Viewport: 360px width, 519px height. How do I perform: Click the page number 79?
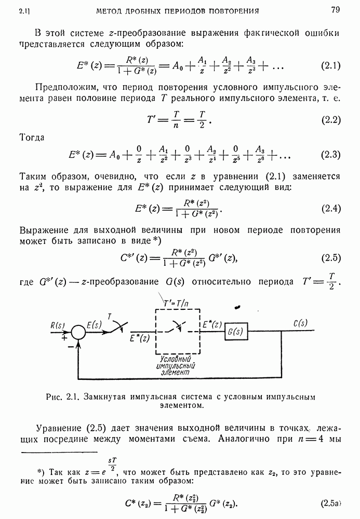(x=334, y=9)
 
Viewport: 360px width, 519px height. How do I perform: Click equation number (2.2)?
(x=330, y=120)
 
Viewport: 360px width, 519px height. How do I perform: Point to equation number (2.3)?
(x=330, y=155)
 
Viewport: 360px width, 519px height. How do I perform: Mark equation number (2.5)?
(x=330, y=257)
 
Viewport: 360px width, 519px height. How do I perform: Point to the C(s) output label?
(x=300, y=322)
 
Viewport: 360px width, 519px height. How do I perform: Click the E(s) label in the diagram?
(x=94, y=325)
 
